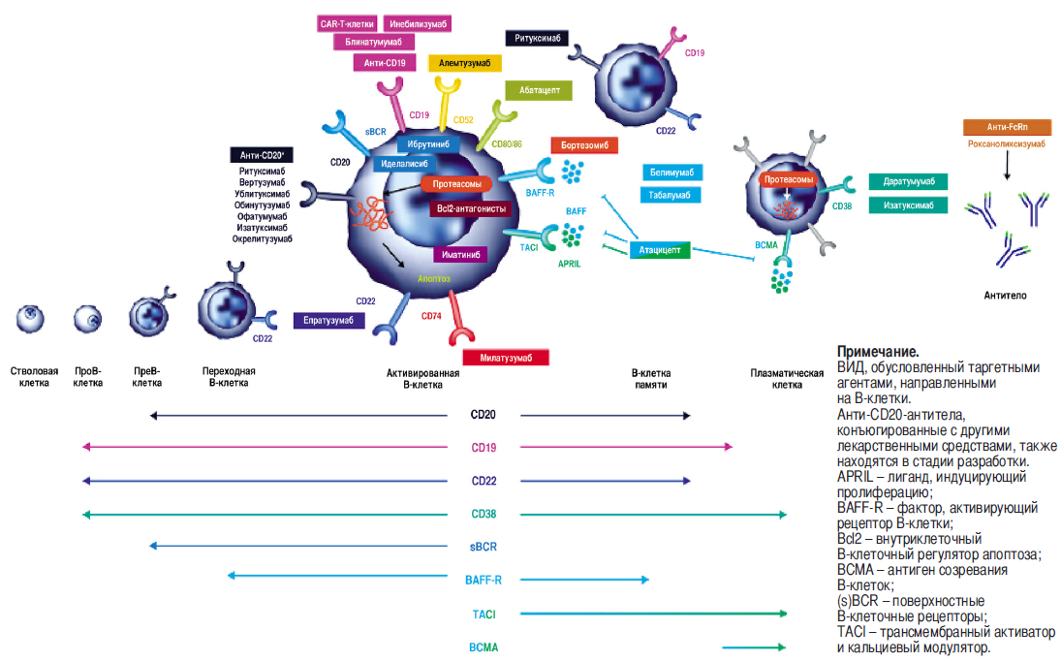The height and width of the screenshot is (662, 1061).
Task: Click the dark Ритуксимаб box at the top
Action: coord(537,39)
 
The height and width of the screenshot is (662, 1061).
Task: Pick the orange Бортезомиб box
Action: coord(584,145)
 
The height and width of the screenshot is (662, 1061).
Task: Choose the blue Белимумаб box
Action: coord(670,173)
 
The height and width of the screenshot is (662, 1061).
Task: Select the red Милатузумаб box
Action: coord(505,357)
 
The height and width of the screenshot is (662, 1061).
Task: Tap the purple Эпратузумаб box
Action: coord(329,321)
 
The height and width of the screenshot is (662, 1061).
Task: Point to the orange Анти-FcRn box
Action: coord(1006,127)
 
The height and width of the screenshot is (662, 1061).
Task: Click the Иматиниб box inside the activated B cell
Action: coord(459,254)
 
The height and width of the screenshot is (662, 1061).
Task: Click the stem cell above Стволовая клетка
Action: coord(32,316)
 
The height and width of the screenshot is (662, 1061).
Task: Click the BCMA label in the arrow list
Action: coord(483,646)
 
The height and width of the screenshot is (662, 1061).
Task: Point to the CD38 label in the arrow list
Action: coord(483,514)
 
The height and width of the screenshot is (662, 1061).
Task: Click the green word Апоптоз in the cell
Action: coord(433,277)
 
